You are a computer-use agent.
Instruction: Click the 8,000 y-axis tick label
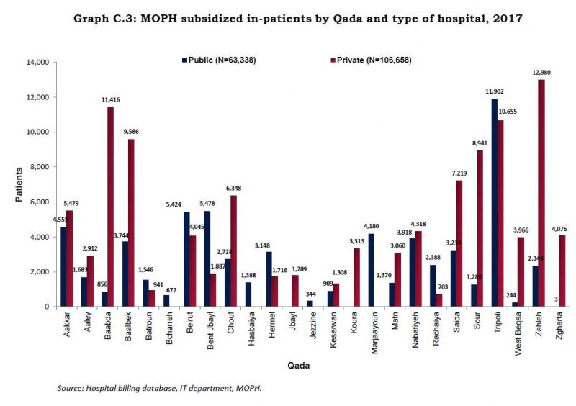point(36,167)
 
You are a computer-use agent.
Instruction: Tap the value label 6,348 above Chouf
point(234,189)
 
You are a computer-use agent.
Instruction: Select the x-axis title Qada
point(299,366)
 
